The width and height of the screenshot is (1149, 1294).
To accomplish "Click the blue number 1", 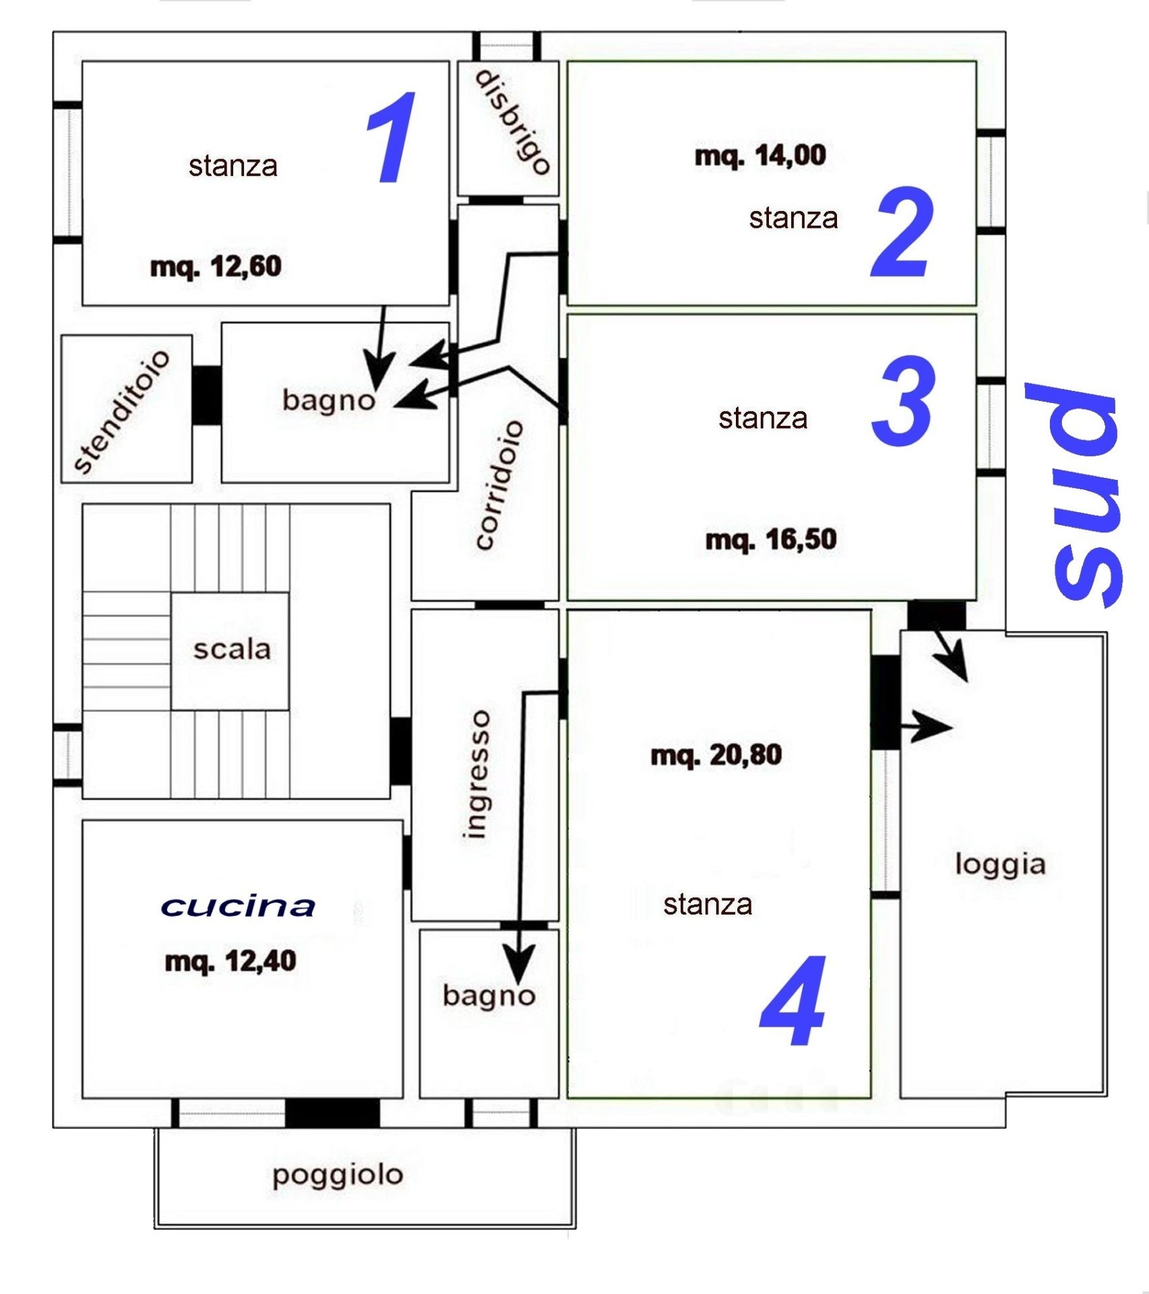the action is (x=391, y=137).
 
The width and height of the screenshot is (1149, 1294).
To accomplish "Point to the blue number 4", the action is (x=793, y=1001).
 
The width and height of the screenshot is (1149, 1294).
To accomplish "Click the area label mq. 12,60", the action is (x=216, y=268).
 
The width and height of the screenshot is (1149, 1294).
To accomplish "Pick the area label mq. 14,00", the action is (x=760, y=156).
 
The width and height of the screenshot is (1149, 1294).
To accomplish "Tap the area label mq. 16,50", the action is (x=771, y=540).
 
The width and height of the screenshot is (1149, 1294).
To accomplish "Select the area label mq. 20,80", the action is (x=716, y=755).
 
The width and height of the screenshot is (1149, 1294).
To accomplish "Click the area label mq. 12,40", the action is (x=230, y=961).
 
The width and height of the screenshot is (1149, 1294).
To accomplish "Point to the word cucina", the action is (x=238, y=906).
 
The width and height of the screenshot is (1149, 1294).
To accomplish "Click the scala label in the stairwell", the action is (x=232, y=649).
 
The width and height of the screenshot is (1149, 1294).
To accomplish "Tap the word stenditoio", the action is (x=122, y=412).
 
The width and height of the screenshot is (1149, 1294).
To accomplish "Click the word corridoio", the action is (x=499, y=485).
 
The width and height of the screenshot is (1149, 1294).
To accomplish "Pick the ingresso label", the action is (x=477, y=774).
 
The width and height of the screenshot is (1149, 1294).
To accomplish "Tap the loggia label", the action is (x=1001, y=865).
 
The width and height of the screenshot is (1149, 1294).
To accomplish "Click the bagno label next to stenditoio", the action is (x=329, y=401).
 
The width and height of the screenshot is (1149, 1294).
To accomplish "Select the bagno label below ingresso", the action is (x=489, y=996).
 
